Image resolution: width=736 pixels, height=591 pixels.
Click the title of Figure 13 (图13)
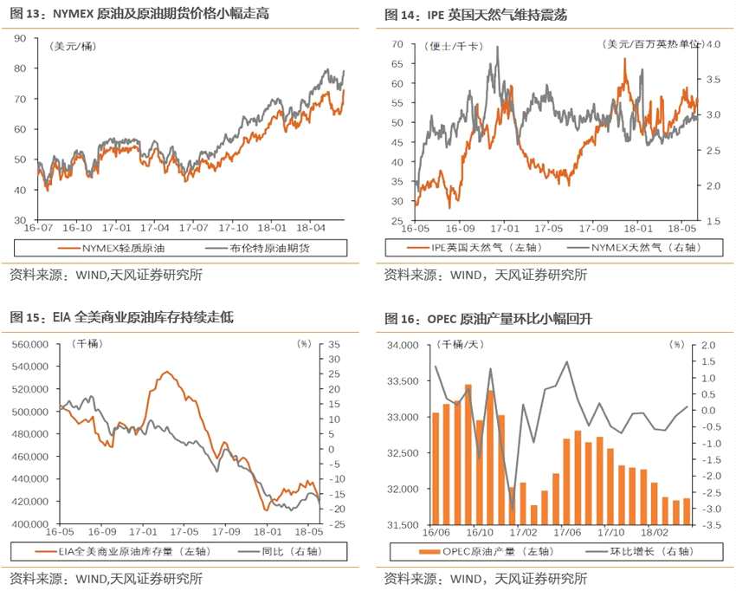click(x=120, y=15)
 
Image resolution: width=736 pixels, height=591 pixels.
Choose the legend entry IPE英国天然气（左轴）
click(x=483, y=249)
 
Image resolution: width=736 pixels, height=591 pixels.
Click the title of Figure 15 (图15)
click(x=122, y=318)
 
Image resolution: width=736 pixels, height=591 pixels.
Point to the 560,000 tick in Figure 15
click(x=28, y=344)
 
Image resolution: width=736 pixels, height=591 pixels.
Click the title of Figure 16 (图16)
click(x=488, y=318)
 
